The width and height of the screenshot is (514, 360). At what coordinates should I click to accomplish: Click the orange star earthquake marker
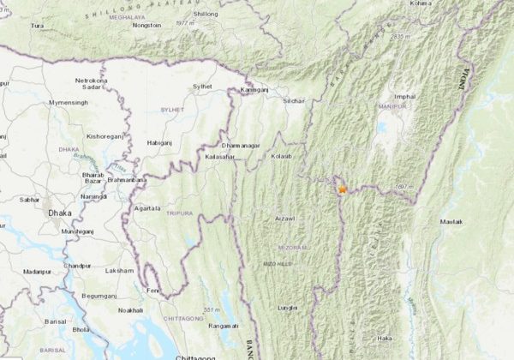tap(343, 189)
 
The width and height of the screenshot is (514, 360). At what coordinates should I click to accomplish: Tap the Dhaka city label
tap(59, 211)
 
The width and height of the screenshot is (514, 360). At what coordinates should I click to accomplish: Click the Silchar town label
tap(294, 100)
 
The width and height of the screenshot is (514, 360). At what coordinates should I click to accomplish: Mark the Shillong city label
tap(206, 15)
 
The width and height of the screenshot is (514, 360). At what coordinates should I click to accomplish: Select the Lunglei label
tap(289, 306)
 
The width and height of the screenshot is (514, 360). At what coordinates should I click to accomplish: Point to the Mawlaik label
tap(451, 222)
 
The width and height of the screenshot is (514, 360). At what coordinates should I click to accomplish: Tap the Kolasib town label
tap(282, 157)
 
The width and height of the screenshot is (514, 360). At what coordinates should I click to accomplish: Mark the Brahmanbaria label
tap(127, 181)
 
